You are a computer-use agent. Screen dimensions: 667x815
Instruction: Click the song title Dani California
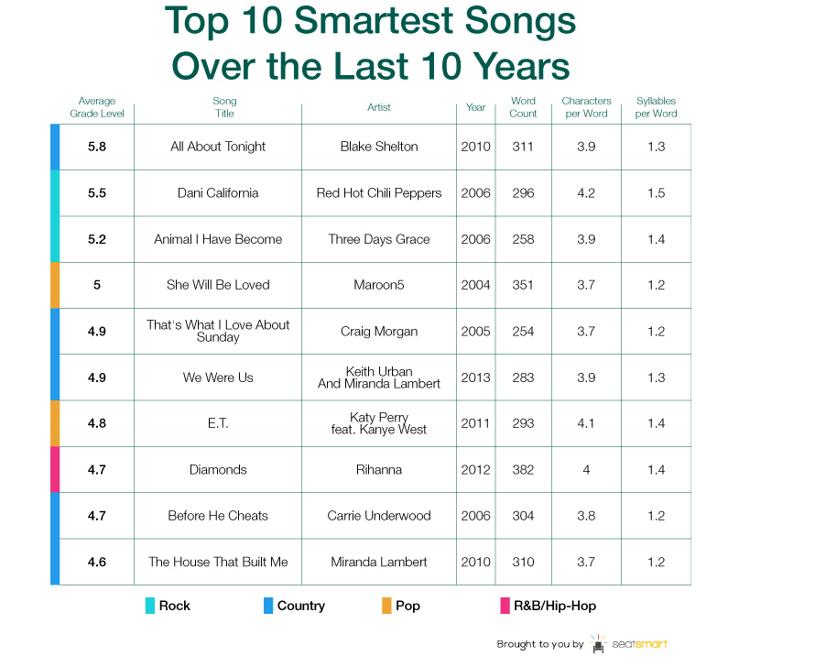pyautogui.click(x=218, y=193)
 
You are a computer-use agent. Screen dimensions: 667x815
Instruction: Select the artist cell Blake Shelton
pyautogui.click(x=379, y=147)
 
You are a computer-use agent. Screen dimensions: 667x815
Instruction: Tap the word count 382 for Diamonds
pyautogui.click(x=523, y=470)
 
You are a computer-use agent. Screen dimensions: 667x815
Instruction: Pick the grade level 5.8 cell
pyautogui.click(x=97, y=147)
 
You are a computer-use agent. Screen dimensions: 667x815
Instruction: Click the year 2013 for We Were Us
pyautogui.click(x=475, y=377)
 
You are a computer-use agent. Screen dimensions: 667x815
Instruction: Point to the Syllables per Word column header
pyautogui.click(x=656, y=107)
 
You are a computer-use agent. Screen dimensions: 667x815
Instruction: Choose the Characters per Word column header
pyautogui.click(x=586, y=107)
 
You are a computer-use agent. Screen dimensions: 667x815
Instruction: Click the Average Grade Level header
pyautogui.click(x=97, y=107)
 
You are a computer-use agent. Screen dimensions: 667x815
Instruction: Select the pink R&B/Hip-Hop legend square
pyautogui.click(x=505, y=606)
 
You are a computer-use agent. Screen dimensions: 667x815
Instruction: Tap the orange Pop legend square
pyautogui.click(x=386, y=606)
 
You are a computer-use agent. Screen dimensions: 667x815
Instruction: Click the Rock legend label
pyautogui.click(x=175, y=606)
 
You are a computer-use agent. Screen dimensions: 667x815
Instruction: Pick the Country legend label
pyautogui.click(x=301, y=606)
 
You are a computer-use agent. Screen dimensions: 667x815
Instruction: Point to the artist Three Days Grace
pyautogui.click(x=379, y=239)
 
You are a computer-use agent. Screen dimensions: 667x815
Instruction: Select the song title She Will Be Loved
pyautogui.click(x=218, y=285)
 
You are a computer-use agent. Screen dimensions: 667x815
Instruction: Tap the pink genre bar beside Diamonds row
pyautogui.click(x=55, y=470)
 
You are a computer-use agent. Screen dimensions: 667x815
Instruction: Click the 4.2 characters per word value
pyautogui.click(x=586, y=193)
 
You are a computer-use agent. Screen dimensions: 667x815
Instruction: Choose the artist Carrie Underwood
pyautogui.click(x=379, y=516)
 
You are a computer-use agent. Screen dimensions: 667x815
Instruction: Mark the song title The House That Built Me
pyautogui.click(x=218, y=562)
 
